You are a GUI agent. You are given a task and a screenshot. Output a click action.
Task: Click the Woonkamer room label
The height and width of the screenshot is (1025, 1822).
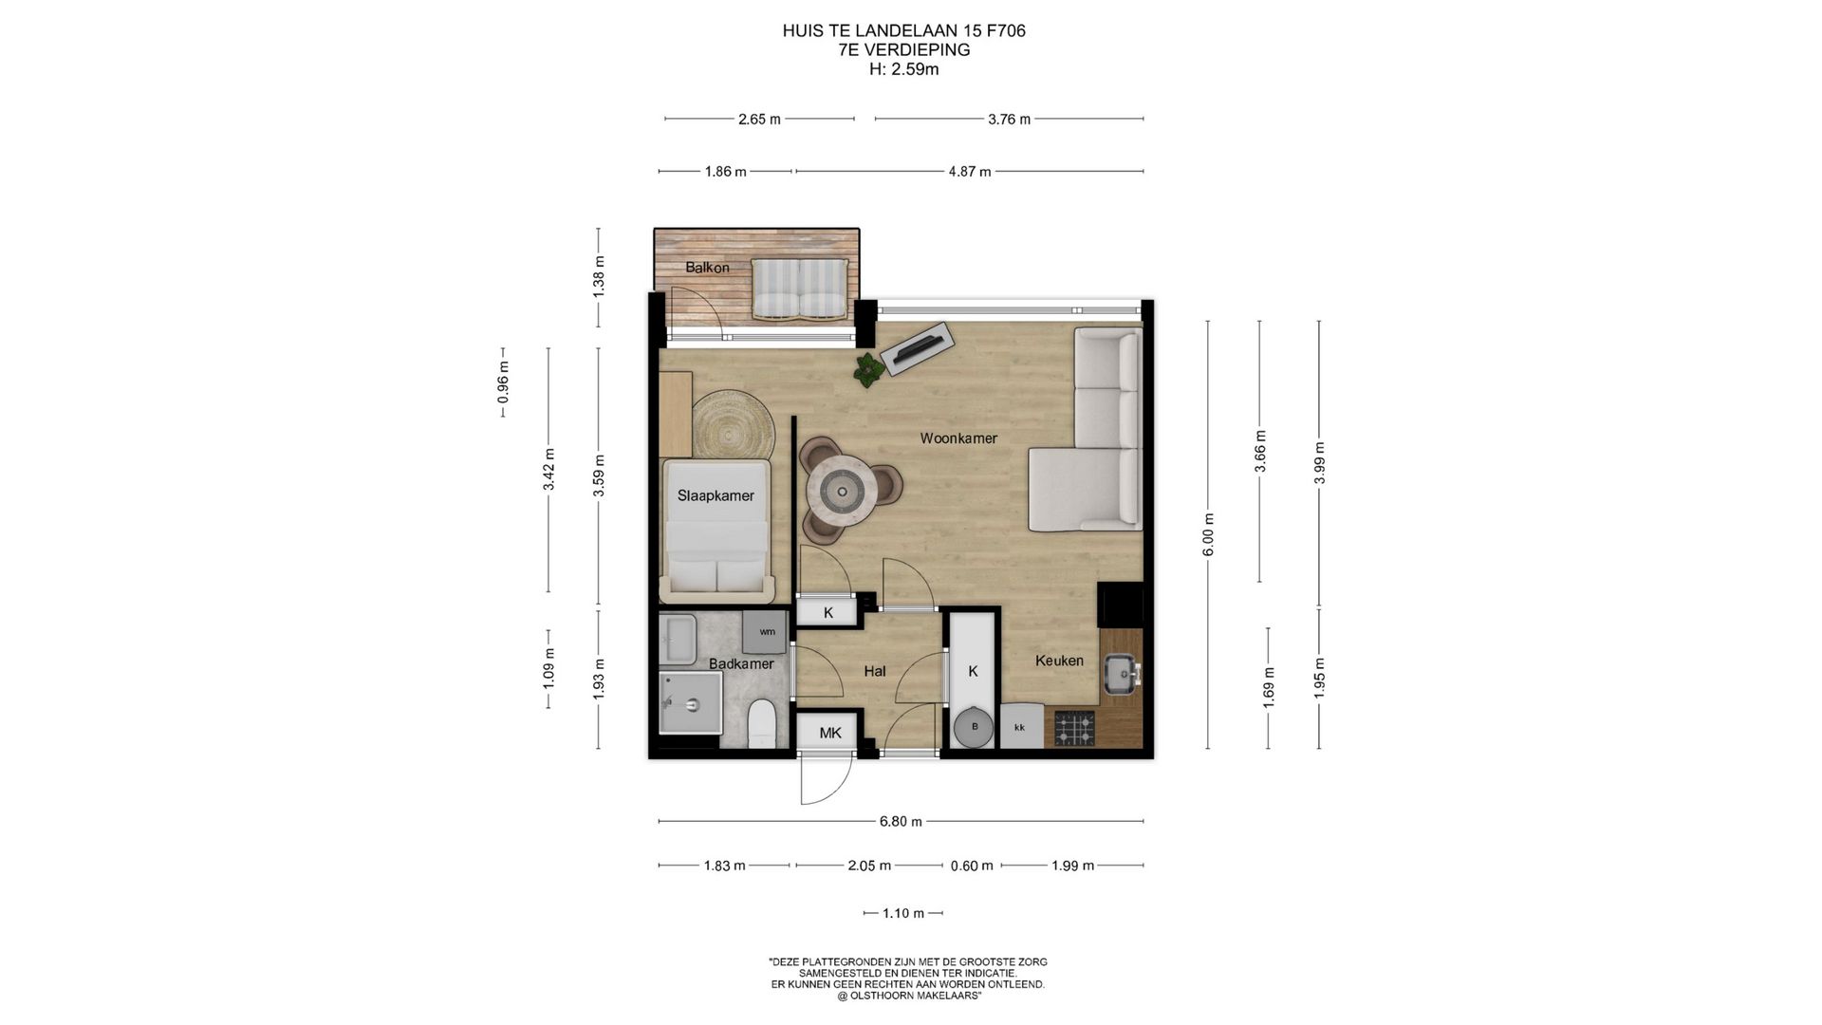point(958,438)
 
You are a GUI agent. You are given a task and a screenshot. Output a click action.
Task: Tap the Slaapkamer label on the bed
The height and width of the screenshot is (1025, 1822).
point(716,495)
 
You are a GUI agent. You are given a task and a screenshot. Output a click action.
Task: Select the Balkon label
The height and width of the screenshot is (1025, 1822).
point(707,268)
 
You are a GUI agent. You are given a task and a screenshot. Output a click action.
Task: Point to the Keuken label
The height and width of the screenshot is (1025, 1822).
point(1059,661)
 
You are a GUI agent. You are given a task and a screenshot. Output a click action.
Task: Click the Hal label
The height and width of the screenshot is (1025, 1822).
point(874,671)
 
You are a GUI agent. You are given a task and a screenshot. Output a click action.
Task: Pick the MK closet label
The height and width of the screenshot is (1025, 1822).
point(830,733)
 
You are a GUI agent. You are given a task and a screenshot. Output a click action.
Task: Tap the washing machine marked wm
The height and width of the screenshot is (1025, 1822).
point(767,631)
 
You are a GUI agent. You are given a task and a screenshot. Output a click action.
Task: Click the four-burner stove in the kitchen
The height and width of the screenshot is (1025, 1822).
point(1075,728)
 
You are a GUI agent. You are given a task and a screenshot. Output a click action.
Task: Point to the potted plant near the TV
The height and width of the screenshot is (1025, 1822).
point(867,369)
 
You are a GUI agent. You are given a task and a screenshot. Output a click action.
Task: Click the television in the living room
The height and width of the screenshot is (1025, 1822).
point(917,348)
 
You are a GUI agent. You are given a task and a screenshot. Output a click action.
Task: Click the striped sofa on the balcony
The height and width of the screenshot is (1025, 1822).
point(799,289)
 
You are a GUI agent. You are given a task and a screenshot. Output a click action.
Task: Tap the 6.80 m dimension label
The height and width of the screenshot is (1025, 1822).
point(900,822)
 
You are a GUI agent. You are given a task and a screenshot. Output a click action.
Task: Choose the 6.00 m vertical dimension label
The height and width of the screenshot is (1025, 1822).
point(1208,534)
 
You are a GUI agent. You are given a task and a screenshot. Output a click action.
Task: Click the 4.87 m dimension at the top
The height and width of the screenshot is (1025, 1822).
point(969,172)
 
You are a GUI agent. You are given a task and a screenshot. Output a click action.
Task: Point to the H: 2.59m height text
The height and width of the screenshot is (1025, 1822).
point(903,69)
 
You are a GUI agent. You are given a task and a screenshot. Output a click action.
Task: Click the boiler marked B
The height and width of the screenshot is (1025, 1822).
point(975,728)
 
